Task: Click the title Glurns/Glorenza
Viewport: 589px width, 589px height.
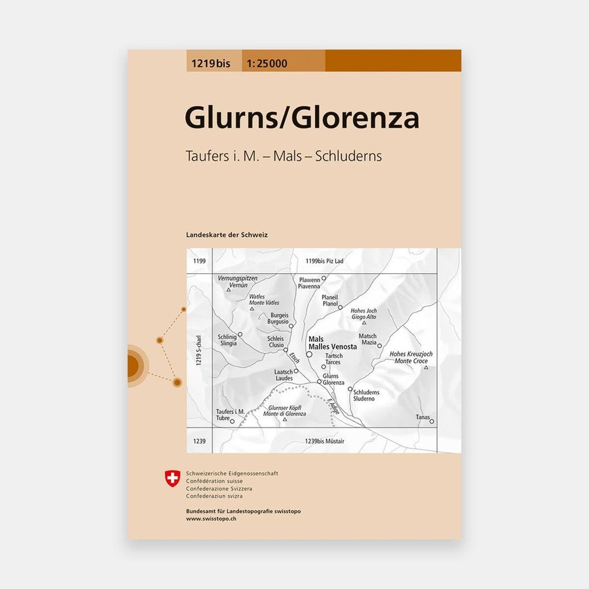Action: pos(301,118)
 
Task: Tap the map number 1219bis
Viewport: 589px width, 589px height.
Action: pos(208,64)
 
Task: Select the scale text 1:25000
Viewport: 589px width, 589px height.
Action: pos(268,64)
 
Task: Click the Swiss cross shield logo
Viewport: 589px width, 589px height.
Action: pos(173,477)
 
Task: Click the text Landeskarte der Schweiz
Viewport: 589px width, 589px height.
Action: pos(227,235)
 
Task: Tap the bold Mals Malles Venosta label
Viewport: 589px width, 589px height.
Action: pos(332,343)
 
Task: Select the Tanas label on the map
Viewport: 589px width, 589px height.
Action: pos(423,418)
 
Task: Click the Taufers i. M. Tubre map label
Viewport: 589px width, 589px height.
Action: pos(231,415)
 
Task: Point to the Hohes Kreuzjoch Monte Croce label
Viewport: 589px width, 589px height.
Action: pos(411,357)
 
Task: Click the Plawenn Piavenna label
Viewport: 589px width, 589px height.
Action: pos(309,282)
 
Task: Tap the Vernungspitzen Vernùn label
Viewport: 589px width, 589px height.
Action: pos(238,281)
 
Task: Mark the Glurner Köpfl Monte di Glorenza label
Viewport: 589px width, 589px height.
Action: pos(282,411)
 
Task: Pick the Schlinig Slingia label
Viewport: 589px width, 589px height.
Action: pos(227,340)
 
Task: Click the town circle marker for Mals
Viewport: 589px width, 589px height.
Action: pos(309,354)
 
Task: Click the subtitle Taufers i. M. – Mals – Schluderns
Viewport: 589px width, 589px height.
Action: pos(283,156)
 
